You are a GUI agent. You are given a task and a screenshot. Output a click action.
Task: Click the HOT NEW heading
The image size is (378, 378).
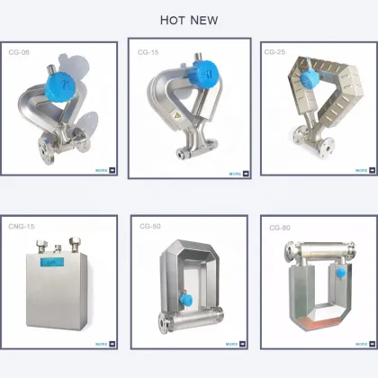point(189,20)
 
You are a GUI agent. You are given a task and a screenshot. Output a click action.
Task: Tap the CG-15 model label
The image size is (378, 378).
point(148,53)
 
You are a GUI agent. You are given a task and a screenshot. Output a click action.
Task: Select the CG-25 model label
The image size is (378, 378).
point(274,52)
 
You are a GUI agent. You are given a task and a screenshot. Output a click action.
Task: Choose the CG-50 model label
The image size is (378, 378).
point(150,227)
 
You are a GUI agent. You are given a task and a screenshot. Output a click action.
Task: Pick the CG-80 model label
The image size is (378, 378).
point(279,229)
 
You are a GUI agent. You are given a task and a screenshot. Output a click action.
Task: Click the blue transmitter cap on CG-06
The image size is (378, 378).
point(59,86)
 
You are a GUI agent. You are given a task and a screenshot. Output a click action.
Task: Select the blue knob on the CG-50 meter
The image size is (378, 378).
point(185,301)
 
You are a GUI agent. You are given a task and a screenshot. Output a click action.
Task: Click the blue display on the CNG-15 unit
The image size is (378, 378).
point(47,263)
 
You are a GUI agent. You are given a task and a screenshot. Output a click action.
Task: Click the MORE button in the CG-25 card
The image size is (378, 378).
point(361,168)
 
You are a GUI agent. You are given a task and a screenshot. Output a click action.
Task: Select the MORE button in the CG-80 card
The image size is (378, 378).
point(361,343)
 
